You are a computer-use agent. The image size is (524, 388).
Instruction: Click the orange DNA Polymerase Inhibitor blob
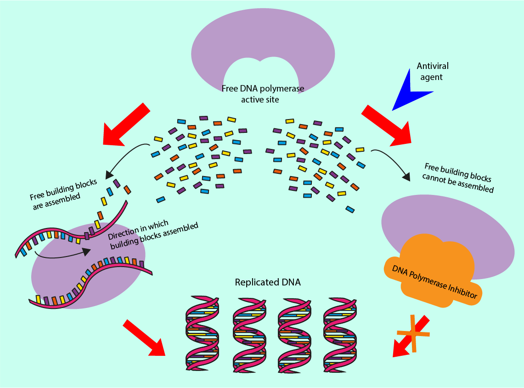432,271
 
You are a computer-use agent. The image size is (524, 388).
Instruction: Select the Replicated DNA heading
268,282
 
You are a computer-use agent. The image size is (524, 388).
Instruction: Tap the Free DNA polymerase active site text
262,93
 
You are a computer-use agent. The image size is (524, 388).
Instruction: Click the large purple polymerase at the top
263,41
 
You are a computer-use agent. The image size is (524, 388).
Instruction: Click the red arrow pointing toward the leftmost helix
145,338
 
